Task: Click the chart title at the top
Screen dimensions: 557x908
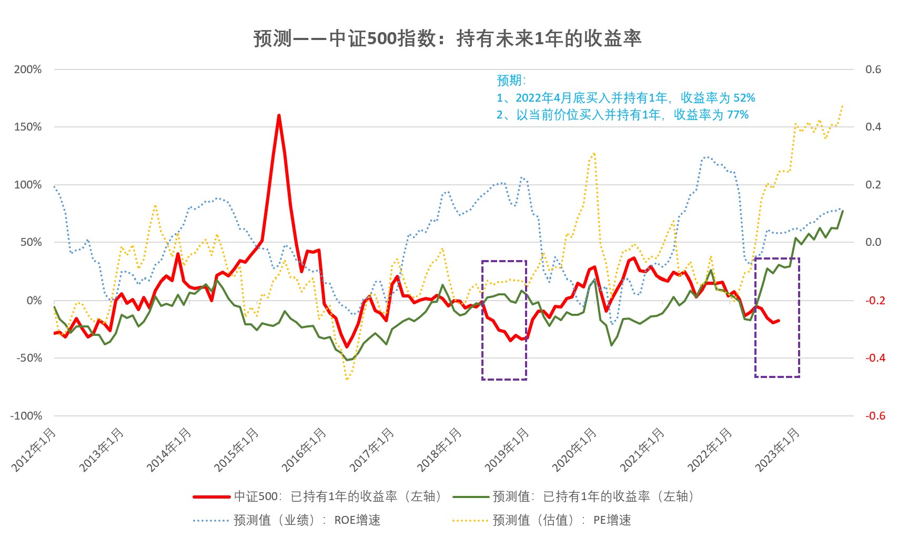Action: (447, 38)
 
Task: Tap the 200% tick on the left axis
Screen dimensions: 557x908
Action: (28, 69)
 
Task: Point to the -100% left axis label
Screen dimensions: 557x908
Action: (26, 415)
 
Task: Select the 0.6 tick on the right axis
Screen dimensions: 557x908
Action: (873, 69)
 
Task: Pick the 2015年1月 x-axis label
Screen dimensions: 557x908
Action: (237, 449)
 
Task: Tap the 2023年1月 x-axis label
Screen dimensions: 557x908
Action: (778, 449)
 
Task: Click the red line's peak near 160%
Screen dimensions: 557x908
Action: (279, 115)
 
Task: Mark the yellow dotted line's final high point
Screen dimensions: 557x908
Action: (843, 106)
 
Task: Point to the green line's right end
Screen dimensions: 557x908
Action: (843, 211)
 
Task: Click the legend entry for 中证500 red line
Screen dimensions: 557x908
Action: (318, 496)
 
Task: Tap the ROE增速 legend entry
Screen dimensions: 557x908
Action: (287, 520)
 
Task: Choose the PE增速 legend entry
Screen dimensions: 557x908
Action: (542, 520)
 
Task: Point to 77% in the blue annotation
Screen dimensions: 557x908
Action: (738, 115)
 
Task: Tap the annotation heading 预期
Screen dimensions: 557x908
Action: (511, 81)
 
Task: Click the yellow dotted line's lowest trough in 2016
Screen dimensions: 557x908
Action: (347, 379)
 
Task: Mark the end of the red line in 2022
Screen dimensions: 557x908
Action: (779, 320)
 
